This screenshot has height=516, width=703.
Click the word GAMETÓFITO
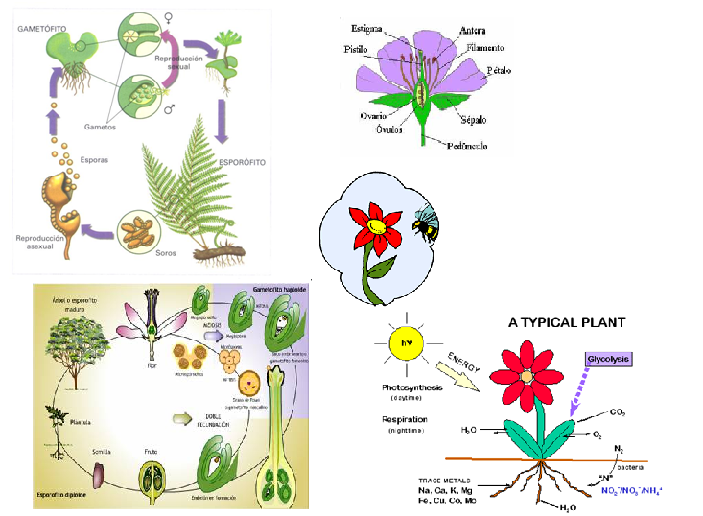pyautogui.click(x=39, y=29)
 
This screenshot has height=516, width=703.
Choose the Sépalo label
pyautogui.click(x=473, y=120)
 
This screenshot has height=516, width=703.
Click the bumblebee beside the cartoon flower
pyautogui.click(x=425, y=224)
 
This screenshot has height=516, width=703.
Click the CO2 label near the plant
pyautogui.click(x=620, y=412)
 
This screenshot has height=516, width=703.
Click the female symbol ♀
pyautogui.click(x=171, y=16)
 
